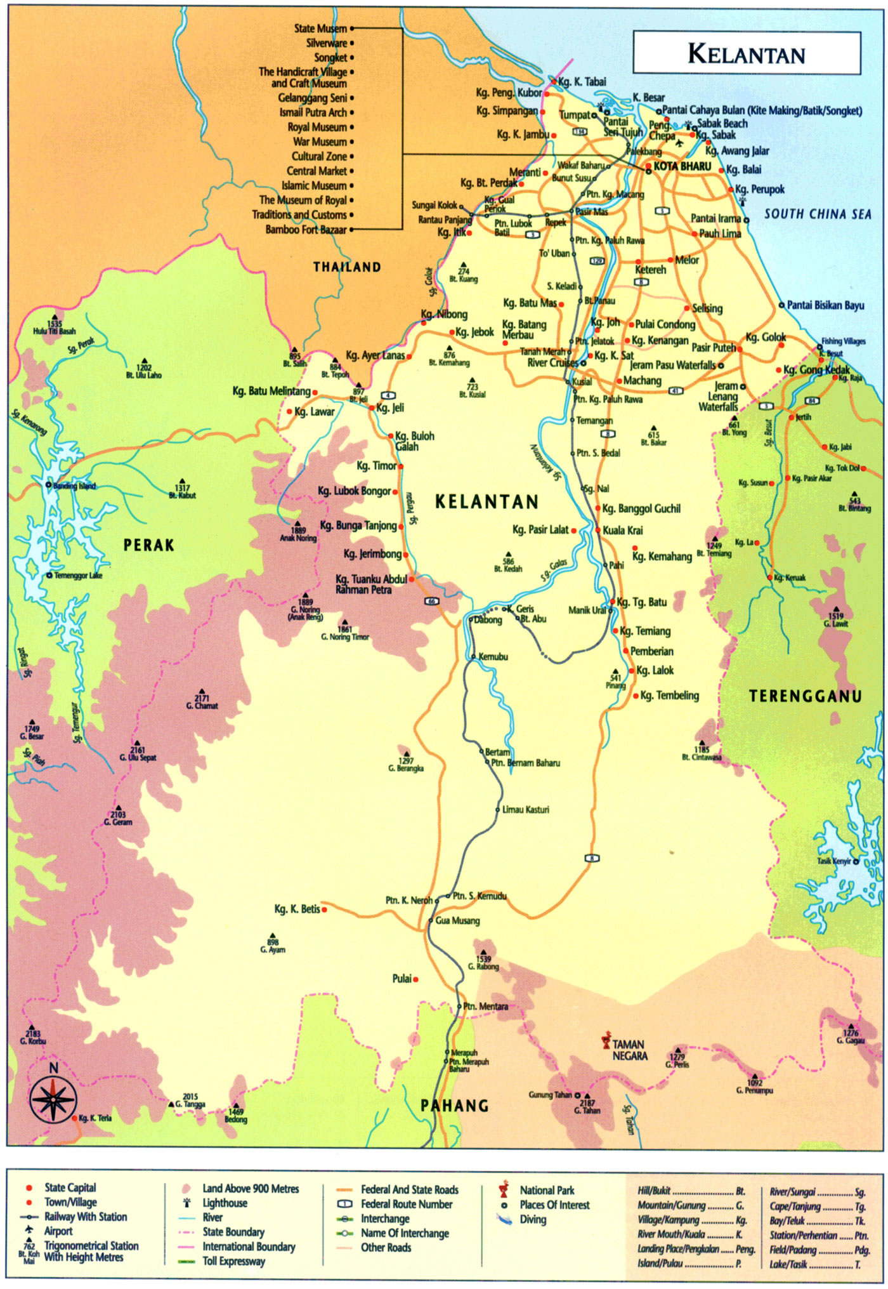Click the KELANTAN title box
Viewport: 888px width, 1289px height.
click(x=747, y=53)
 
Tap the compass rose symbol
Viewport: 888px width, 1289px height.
click(x=53, y=1099)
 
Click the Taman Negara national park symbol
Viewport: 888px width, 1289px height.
click(x=606, y=1041)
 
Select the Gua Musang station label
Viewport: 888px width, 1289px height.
click(x=457, y=920)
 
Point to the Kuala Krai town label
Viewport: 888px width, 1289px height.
click(x=622, y=530)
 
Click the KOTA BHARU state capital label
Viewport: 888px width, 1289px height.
click(x=682, y=166)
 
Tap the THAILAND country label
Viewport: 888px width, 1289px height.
click(x=347, y=267)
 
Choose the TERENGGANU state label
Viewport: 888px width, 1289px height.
click(x=805, y=696)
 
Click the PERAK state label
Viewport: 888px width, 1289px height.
click(x=148, y=545)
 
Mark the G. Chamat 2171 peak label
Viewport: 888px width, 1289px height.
click(x=202, y=702)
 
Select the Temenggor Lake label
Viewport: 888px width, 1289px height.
click(x=77, y=576)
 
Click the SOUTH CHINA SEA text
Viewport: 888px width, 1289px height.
click(x=818, y=214)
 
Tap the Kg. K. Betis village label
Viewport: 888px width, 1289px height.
click(x=297, y=909)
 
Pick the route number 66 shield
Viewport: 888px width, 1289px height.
click(x=431, y=600)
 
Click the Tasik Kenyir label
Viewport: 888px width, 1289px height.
click(x=833, y=861)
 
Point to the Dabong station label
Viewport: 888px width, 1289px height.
click(x=488, y=620)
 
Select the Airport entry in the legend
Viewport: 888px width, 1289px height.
click(x=58, y=1231)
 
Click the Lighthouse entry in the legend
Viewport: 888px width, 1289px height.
click(x=225, y=1203)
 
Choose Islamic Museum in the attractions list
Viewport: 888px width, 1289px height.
click(x=314, y=185)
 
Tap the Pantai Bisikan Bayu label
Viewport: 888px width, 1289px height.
click(x=825, y=305)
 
